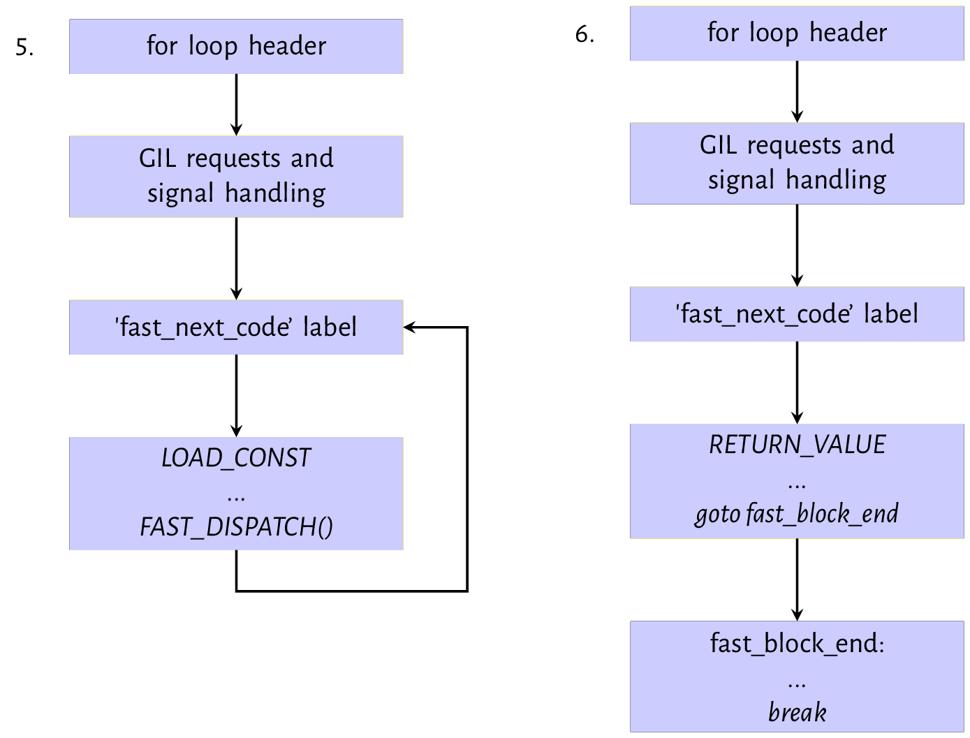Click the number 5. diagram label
click(24, 47)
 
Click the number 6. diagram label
click(585, 34)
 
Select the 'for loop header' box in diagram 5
click(236, 46)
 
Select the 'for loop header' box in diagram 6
click(797, 33)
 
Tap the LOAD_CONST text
click(236, 458)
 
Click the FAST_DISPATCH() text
click(236, 526)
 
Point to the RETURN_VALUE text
click(797, 445)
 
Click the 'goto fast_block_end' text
click(797, 514)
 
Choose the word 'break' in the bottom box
click(797, 712)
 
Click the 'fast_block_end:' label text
click(797, 643)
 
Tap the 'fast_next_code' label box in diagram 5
click(236, 327)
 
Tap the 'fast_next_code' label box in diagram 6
click(797, 314)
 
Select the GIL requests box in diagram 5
click(236, 176)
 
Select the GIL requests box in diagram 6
click(797, 163)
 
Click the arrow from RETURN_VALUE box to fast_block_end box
click(797, 580)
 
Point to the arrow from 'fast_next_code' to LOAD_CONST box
click(236, 395)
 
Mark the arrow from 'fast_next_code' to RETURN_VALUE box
click(797, 383)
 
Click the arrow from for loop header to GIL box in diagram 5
click(236, 105)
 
